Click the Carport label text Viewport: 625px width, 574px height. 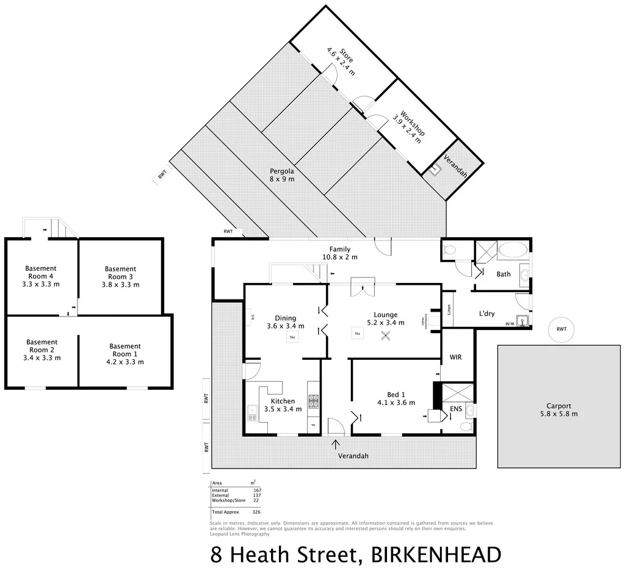click(x=558, y=410)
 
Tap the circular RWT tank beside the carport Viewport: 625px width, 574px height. click(x=561, y=329)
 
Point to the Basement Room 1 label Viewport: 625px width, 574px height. click(x=125, y=354)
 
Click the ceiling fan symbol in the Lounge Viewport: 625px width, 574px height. click(x=386, y=335)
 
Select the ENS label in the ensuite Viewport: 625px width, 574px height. click(x=456, y=409)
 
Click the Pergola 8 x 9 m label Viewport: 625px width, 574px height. click(x=282, y=175)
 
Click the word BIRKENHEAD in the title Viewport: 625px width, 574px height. click(x=436, y=554)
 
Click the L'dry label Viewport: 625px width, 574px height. click(x=486, y=314)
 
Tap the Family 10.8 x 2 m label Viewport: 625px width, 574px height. click(x=340, y=253)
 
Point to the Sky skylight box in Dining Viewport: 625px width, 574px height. click(x=292, y=337)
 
